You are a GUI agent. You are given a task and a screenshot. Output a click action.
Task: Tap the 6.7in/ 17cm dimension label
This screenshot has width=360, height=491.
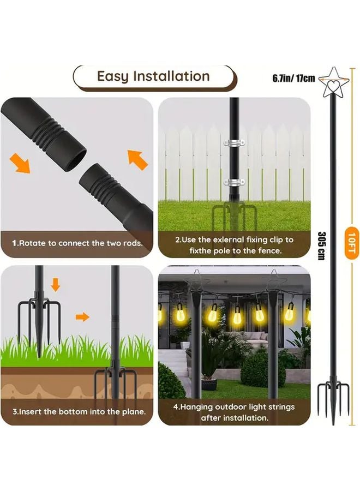point(294,79)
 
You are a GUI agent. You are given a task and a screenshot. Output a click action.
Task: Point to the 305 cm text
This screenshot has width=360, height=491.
point(321,245)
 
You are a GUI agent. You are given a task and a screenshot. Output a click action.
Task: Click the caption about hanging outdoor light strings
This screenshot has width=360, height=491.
point(235,412)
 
